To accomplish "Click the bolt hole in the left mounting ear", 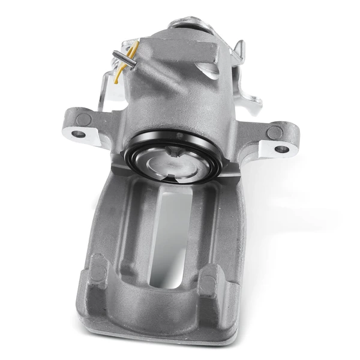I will tap(76, 134).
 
